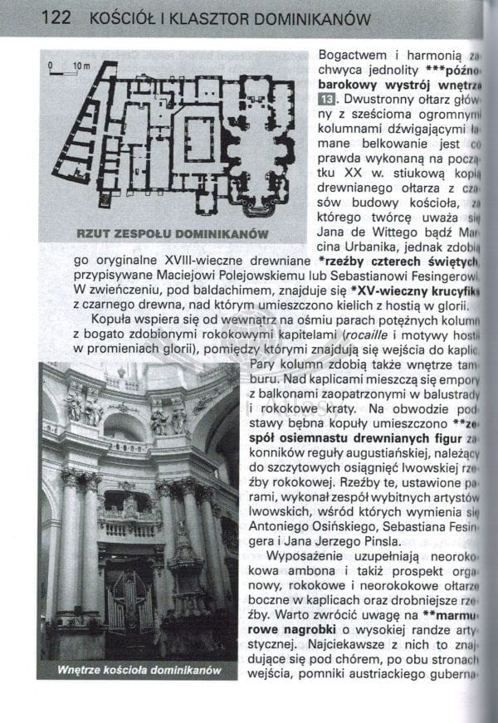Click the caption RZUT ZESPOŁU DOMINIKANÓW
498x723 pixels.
point(172,233)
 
